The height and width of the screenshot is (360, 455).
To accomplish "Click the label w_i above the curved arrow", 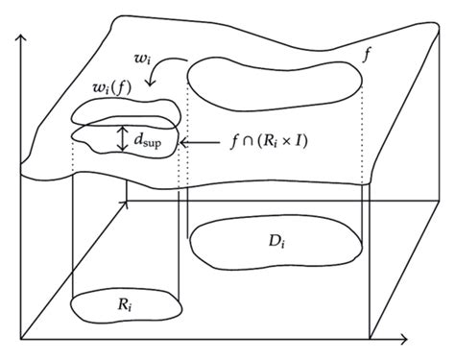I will (141, 60).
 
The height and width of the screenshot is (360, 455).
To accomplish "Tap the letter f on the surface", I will (368, 55).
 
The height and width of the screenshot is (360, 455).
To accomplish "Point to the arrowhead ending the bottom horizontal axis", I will (406, 339).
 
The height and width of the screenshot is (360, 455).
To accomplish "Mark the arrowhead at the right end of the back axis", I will (444, 201).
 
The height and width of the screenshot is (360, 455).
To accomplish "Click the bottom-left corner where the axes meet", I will (22, 339).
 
